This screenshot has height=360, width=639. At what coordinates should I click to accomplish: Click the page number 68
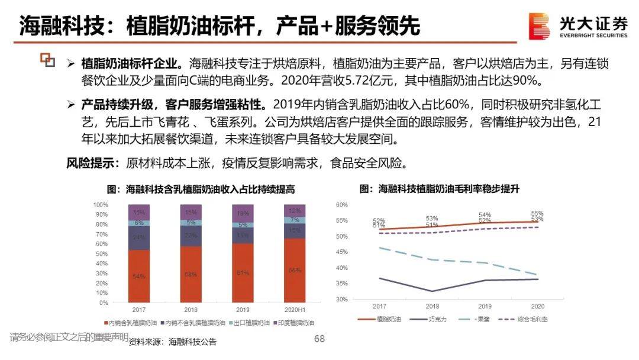319,338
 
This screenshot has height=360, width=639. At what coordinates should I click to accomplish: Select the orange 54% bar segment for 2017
139,276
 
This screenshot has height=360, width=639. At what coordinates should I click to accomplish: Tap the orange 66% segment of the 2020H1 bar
294,270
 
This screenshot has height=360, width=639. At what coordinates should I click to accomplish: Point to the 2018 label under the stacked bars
191,309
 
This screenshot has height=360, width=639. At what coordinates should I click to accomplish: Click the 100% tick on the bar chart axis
100,204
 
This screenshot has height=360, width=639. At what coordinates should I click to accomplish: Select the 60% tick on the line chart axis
341,205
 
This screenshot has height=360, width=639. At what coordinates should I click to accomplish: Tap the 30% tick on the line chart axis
341,299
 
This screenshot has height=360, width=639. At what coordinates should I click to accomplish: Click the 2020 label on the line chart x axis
537,307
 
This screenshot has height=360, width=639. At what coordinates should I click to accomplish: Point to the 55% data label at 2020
537,213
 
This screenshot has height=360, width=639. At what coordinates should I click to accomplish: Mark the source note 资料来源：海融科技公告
173,342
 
